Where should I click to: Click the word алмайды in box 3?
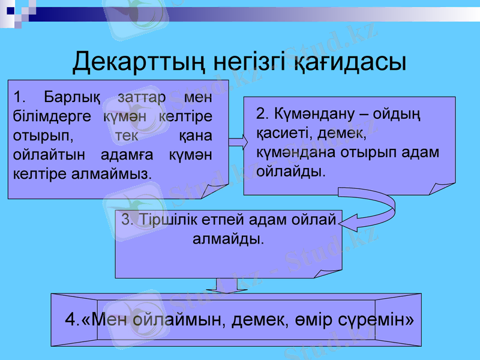[227, 239]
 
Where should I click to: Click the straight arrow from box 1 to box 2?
[236, 142]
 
